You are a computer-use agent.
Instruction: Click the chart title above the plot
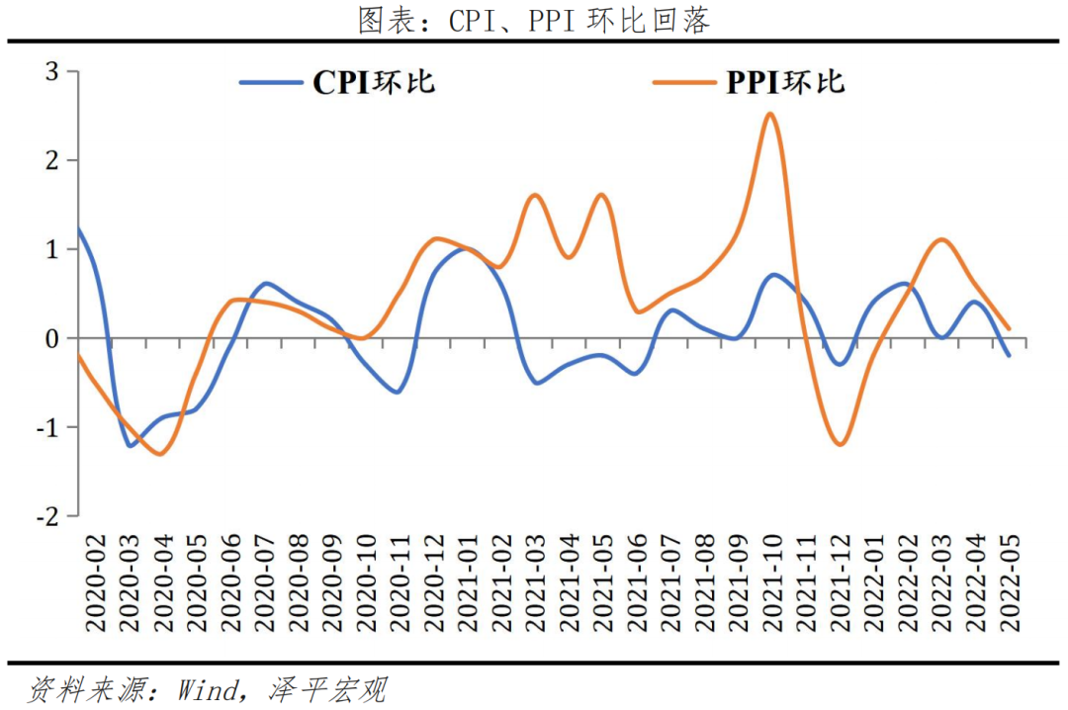534,21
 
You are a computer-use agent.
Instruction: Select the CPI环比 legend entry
337,82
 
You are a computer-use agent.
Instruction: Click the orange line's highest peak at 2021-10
771,114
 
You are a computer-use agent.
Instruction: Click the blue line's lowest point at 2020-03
130,445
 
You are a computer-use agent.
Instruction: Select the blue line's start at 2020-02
79,230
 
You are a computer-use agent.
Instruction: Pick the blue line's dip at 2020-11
397,392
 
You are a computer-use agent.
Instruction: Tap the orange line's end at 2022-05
1009,328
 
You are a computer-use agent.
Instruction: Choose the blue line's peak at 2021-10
773,275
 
